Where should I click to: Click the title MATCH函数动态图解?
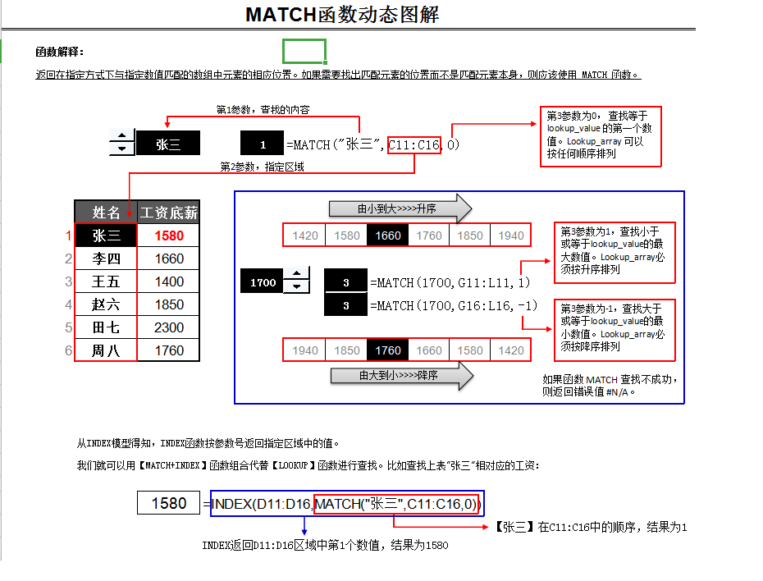(x=342, y=15)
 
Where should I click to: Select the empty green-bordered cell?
(x=304, y=51)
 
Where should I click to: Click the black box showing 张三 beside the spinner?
(x=168, y=145)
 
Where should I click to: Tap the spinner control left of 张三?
(x=122, y=143)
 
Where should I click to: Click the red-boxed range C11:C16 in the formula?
(x=414, y=145)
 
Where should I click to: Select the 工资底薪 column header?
(x=168, y=213)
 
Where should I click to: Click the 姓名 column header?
(x=106, y=213)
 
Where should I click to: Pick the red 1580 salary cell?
(x=168, y=236)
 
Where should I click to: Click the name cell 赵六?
(x=106, y=304)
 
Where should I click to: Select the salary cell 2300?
(x=168, y=327)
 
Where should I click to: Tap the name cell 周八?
(x=106, y=350)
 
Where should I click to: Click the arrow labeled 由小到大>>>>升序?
(x=400, y=209)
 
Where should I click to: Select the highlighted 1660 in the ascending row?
(x=387, y=236)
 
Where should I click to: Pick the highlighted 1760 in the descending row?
(x=387, y=350)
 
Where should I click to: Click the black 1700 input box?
(x=263, y=282)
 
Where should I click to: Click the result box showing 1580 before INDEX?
(x=169, y=503)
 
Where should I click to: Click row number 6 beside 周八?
(x=69, y=350)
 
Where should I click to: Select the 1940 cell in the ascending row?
(x=510, y=236)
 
